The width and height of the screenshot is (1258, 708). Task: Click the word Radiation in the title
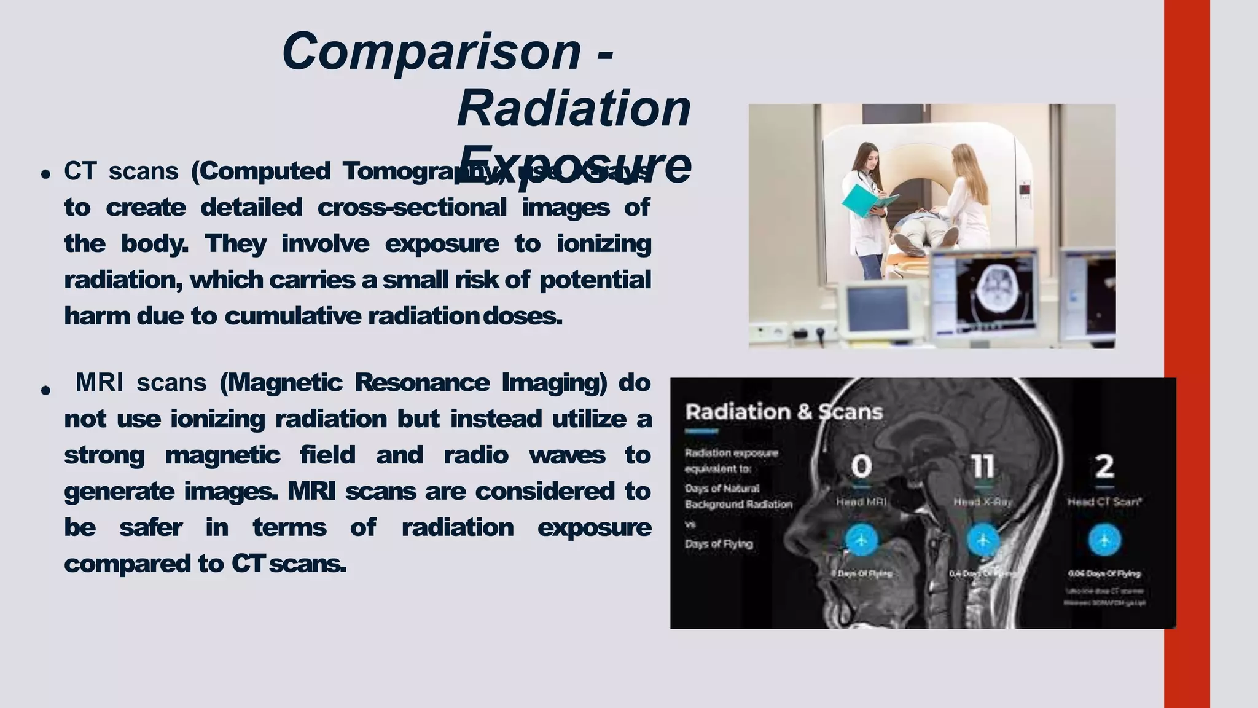point(574,109)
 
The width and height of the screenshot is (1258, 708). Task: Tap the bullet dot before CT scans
point(45,175)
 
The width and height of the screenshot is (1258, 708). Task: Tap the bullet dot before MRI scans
point(45,390)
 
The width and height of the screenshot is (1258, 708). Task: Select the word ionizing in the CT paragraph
point(603,244)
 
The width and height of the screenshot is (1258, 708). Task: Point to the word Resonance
point(422,383)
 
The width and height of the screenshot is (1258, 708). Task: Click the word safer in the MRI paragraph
point(150,528)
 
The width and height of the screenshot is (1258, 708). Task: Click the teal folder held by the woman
point(866,200)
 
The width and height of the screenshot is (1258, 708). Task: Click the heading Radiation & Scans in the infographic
point(784,412)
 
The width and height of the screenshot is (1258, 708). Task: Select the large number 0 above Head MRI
point(861,466)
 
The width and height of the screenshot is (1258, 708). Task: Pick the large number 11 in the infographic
point(982,466)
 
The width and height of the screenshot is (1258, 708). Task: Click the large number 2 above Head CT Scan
point(1104,466)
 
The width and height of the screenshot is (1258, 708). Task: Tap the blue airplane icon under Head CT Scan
point(1104,540)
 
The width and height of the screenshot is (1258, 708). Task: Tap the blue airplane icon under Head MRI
point(861,540)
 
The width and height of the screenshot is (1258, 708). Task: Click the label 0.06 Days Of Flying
point(1104,573)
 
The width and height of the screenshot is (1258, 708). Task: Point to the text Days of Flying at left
point(719,544)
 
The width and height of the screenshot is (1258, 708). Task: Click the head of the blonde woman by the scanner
point(963,157)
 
